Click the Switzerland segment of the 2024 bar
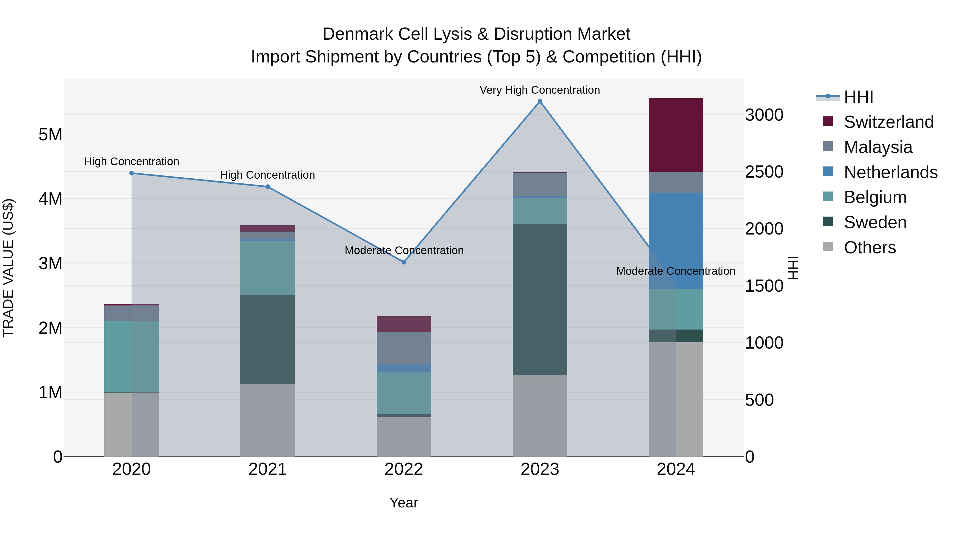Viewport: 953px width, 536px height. click(x=676, y=135)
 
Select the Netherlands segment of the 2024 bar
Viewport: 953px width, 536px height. click(x=676, y=240)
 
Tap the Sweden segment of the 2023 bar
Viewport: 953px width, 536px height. click(x=540, y=299)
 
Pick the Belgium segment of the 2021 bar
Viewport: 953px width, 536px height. click(x=267, y=268)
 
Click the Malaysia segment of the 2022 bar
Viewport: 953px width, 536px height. click(x=404, y=348)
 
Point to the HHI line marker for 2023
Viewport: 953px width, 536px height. click(x=540, y=101)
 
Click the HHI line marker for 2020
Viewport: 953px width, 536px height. click(x=132, y=173)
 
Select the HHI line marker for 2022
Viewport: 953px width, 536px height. click(x=404, y=262)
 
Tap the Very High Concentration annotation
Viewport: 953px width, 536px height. click(x=540, y=90)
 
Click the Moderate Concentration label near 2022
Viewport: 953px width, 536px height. click(x=404, y=250)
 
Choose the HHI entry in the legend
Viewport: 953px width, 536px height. click(x=858, y=97)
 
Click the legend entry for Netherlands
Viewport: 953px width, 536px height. click(x=890, y=172)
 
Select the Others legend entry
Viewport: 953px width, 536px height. click(x=869, y=247)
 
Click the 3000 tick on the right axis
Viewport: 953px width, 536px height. click(x=764, y=115)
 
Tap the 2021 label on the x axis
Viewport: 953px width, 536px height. click(x=267, y=469)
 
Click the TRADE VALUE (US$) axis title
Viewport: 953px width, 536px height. click(x=8, y=268)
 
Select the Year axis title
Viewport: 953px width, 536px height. click(x=404, y=503)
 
